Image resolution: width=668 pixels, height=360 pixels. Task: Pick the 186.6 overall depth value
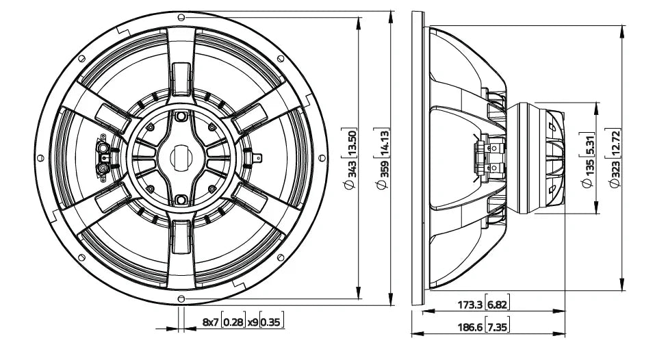click(x=469, y=328)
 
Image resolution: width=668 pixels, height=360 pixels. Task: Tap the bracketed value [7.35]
click(x=498, y=328)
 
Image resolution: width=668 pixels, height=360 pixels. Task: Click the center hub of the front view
click(x=181, y=157)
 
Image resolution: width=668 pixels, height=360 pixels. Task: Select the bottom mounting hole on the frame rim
click(x=181, y=298)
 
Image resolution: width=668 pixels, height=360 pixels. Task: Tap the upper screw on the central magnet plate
click(x=181, y=117)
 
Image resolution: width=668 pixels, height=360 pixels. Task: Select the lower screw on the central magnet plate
click(x=181, y=199)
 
